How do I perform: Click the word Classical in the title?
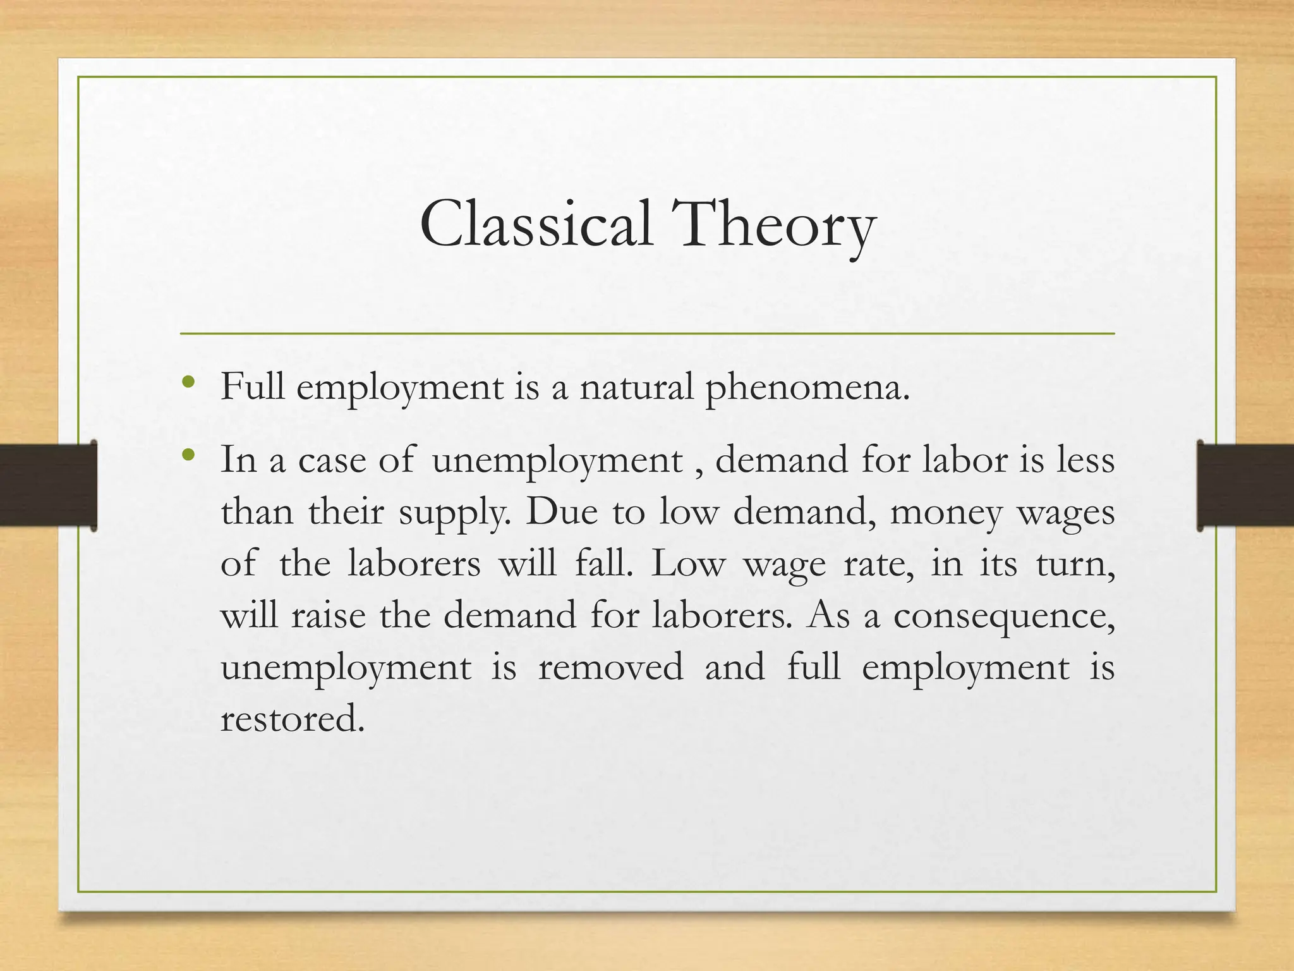535,224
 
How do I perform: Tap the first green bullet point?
187,382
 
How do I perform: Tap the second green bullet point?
187,455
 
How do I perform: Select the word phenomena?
807,388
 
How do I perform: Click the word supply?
455,512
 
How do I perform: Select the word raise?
328,614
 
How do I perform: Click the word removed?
610,666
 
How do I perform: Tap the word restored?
293,719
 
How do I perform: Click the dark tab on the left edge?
48,485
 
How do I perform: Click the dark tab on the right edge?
1245,485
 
